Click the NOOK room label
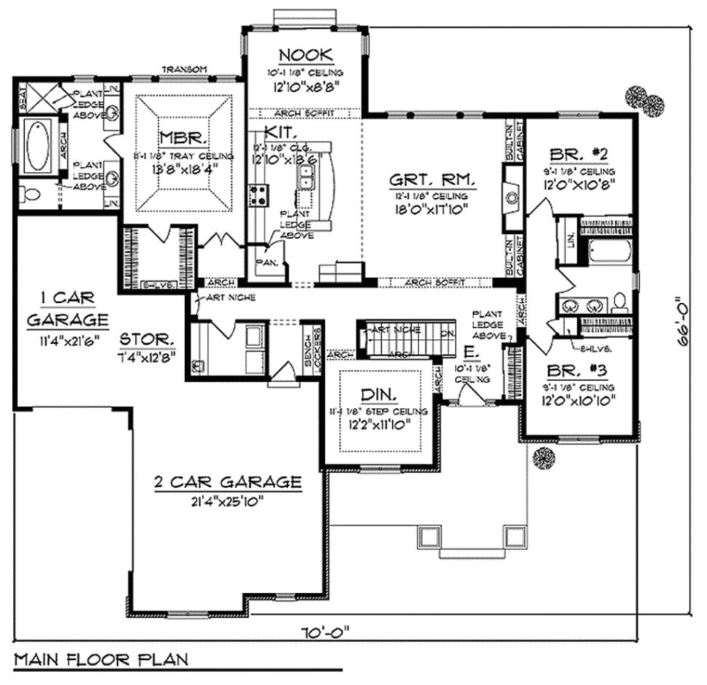(305, 55)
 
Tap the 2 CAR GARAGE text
(227, 482)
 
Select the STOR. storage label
(147, 340)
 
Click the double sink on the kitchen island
(305, 176)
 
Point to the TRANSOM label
(184, 69)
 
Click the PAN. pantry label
(262, 263)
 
